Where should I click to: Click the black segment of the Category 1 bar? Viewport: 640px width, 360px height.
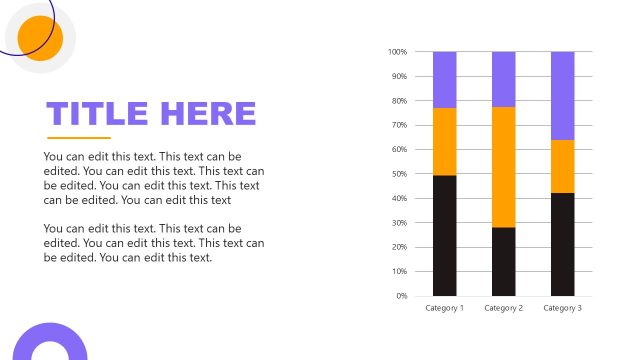coord(445,235)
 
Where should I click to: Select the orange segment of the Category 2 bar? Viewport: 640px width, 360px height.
coord(504,167)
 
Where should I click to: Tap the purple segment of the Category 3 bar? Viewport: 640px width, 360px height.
coord(563,95)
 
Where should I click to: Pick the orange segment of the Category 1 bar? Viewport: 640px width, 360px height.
coord(445,141)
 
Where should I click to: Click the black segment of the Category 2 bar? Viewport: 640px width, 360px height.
coord(504,261)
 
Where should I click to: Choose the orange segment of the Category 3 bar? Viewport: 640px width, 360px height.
coord(563,166)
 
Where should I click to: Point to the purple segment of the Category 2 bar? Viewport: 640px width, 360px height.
coord(504,79)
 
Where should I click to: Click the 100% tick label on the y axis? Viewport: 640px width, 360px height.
coord(397,52)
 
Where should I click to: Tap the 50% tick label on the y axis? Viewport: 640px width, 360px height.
coord(398,174)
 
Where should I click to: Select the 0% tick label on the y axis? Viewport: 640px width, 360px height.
coord(401,296)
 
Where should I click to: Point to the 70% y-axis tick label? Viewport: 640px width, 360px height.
coord(398,125)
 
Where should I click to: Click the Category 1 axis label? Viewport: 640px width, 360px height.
coord(445,308)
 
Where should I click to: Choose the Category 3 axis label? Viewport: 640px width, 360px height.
coord(563,308)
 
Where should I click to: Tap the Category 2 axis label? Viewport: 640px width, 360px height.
coord(504,308)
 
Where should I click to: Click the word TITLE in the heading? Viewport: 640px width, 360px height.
coord(97,113)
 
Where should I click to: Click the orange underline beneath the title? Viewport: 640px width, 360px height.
coord(79,138)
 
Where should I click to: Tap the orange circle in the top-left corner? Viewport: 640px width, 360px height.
coord(41,39)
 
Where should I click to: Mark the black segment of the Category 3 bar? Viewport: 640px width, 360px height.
coord(563,244)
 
